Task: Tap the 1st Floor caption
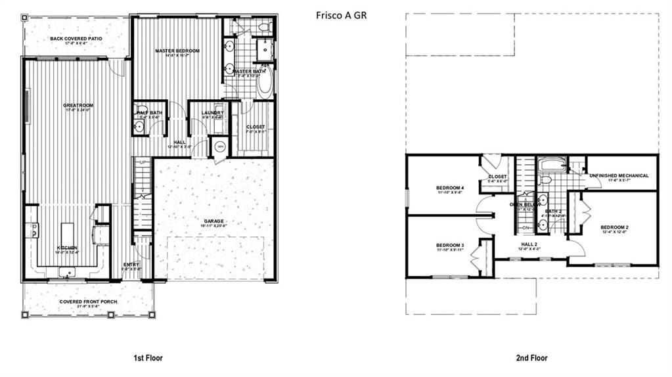148,358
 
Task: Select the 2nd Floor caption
531,358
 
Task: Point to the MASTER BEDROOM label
177,51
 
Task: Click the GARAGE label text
213,221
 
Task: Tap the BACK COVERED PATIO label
76,39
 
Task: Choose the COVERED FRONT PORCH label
89,302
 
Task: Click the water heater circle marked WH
220,146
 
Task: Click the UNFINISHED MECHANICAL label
619,175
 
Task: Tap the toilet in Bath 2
545,179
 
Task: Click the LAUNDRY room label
212,112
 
